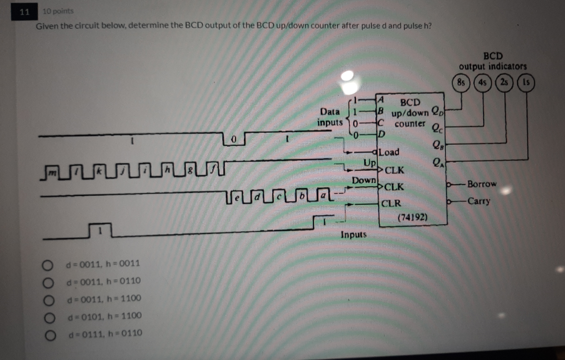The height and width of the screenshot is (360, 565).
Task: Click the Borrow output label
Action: pyautogui.click(x=481, y=184)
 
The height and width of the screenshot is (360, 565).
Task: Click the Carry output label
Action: pyautogui.click(x=478, y=202)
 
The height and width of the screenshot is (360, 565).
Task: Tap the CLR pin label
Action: pyautogui.click(x=391, y=204)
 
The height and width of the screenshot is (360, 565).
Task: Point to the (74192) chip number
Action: pyautogui.click(x=413, y=218)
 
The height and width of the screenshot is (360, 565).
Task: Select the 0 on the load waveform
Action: pyautogui.click(x=233, y=138)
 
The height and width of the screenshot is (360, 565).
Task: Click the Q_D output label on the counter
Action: pyautogui.click(x=436, y=112)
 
